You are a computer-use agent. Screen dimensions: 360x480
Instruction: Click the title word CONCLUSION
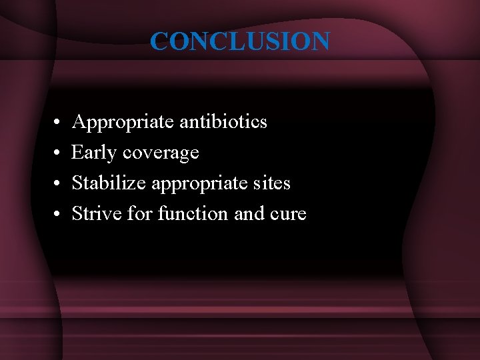pos(239,41)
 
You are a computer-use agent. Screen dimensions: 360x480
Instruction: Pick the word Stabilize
pos(109,183)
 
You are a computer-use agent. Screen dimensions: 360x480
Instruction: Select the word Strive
pos(93,213)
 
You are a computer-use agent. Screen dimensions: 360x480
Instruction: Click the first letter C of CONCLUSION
pos(159,41)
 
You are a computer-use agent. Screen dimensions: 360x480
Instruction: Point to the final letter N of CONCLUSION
pos(319,41)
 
